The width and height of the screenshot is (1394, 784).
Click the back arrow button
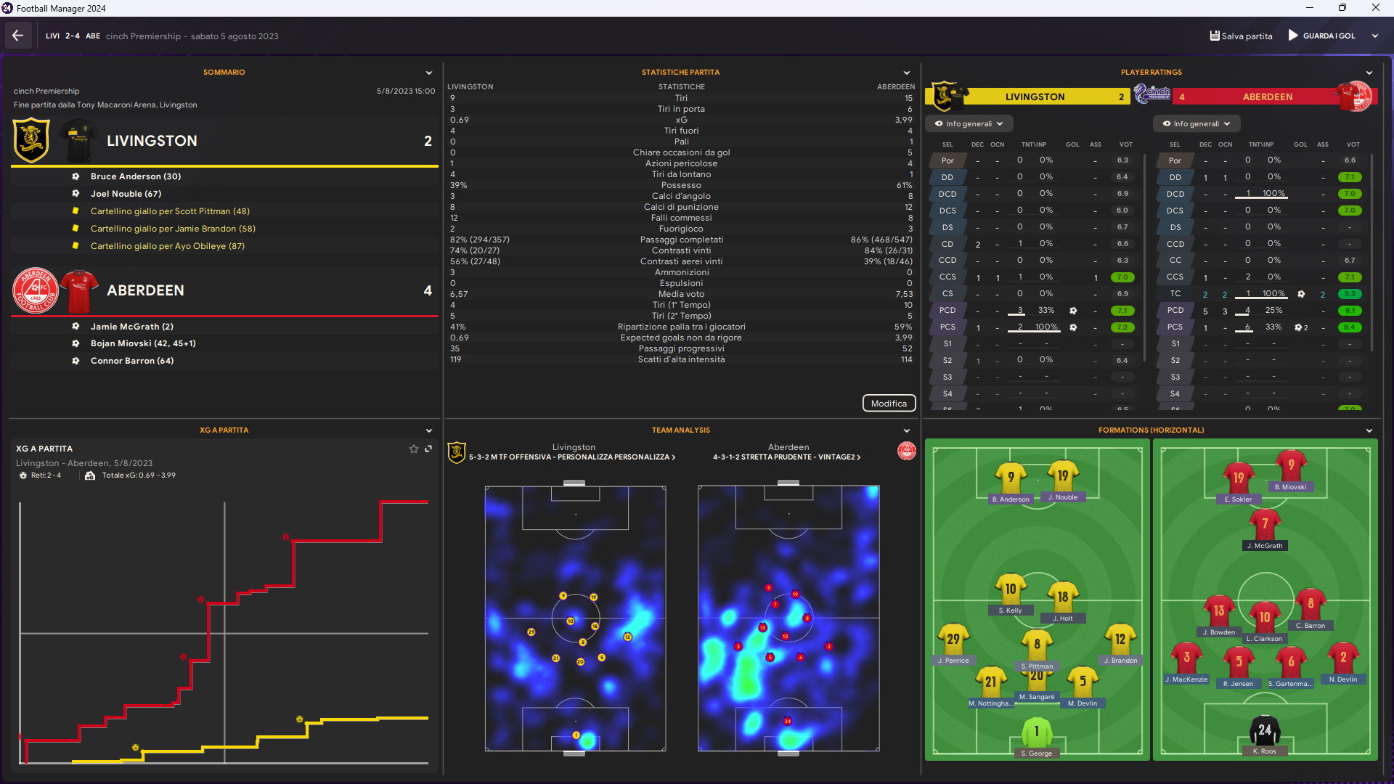click(x=18, y=36)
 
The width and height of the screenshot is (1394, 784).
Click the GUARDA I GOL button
click(x=1322, y=36)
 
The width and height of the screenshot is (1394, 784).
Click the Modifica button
click(x=889, y=404)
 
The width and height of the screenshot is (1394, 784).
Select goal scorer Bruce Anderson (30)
click(x=136, y=176)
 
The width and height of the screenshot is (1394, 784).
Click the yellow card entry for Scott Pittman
click(x=170, y=211)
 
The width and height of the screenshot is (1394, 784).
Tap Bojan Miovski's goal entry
click(x=143, y=343)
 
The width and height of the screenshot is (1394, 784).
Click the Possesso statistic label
click(x=681, y=185)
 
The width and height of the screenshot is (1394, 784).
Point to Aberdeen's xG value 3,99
click(x=903, y=120)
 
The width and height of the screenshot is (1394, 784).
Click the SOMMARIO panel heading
click(x=224, y=73)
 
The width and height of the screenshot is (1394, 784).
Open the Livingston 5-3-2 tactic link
click(x=572, y=457)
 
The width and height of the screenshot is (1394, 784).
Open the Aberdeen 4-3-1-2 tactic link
click(x=786, y=457)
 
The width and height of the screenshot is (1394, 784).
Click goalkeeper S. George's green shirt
click(x=1036, y=732)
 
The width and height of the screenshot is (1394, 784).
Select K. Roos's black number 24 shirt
click(x=1265, y=730)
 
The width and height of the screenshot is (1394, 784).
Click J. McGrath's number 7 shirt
click(x=1265, y=524)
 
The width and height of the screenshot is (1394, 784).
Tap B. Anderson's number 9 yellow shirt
click(x=1011, y=478)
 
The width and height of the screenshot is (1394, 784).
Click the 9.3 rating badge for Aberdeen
click(x=1350, y=294)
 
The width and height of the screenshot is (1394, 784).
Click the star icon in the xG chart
click(x=414, y=449)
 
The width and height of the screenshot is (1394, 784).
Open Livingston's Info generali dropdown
click(x=969, y=124)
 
